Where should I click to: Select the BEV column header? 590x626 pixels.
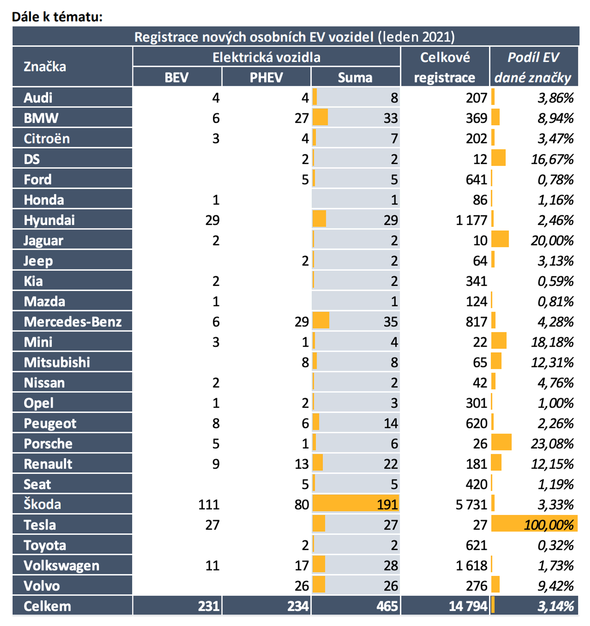tap(177, 77)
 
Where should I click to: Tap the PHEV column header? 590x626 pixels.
tap(266, 77)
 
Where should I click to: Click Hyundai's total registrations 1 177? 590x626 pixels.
tap(471, 220)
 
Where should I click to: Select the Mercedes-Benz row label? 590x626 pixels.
tap(73, 322)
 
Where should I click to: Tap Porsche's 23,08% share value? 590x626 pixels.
tap(552, 444)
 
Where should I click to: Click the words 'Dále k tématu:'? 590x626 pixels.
tap(57, 17)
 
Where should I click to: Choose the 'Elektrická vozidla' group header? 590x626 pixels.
tap(266, 57)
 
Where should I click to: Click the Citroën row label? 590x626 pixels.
tap(47, 139)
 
